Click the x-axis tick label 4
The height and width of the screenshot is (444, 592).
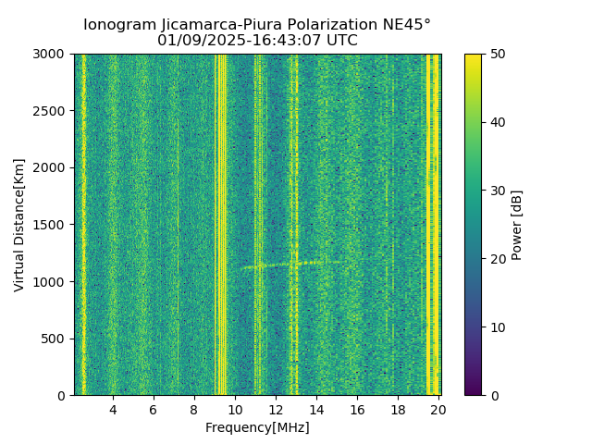click(113, 410)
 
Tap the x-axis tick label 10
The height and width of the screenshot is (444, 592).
click(235, 410)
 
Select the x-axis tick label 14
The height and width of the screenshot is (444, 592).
click(316, 410)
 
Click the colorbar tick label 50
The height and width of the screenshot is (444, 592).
click(496, 55)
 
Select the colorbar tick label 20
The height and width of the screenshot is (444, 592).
click(496, 259)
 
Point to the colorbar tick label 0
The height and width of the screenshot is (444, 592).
click(492, 395)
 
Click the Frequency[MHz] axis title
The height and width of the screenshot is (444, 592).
click(257, 427)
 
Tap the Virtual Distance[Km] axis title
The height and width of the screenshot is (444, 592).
click(19, 225)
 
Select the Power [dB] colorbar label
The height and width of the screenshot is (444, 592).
click(517, 225)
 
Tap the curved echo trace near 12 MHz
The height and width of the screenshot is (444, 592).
click(277, 265)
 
